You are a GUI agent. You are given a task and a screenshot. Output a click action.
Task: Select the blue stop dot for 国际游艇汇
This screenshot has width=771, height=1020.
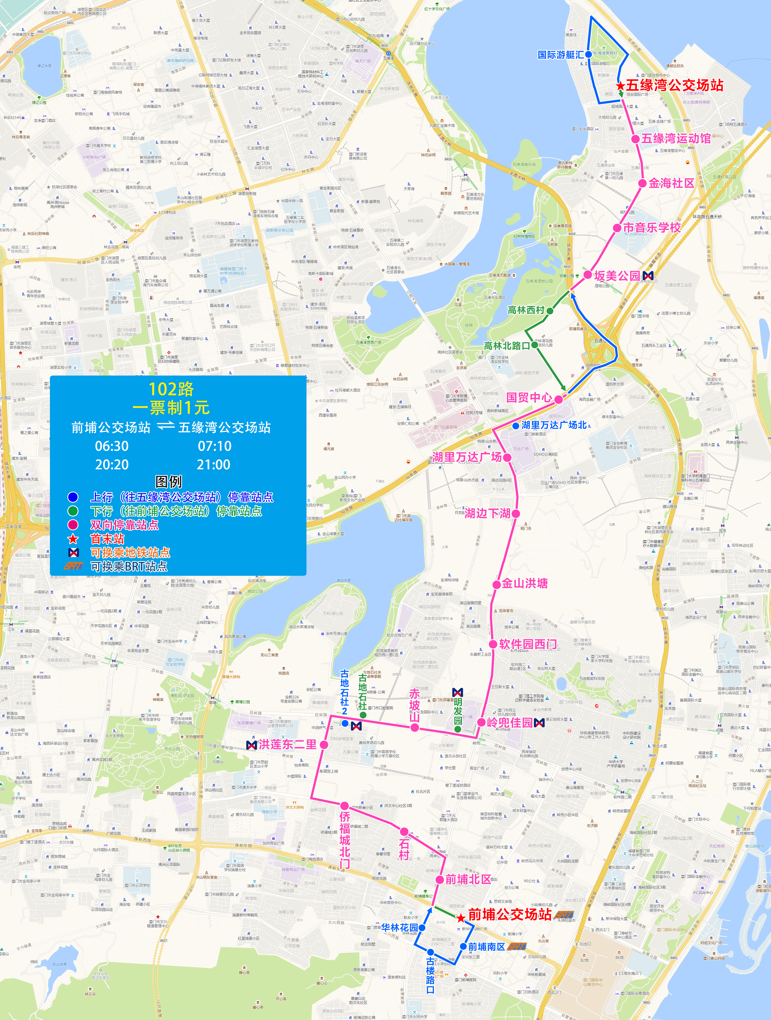(588, 54)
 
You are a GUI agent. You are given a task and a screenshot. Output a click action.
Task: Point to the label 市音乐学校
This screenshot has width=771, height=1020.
(652, 227)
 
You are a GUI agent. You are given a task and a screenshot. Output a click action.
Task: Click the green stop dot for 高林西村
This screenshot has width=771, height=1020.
(550, 311)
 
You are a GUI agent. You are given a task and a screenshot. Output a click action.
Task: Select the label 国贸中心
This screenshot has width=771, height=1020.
(529, 397)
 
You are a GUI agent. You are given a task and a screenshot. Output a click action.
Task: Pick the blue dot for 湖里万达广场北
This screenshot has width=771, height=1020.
(516, 426)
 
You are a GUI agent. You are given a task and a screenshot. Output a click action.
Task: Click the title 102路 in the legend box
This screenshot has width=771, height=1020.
(171, 389)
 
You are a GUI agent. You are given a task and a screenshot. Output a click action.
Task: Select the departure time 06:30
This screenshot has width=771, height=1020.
(112, 446)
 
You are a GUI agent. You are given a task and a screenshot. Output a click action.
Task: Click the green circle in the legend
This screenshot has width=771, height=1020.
(73, 511)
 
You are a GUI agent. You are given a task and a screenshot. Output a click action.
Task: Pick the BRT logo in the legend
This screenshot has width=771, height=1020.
(73, 566)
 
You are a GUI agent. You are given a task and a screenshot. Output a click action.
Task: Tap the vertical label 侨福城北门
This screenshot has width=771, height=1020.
(345, 839)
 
